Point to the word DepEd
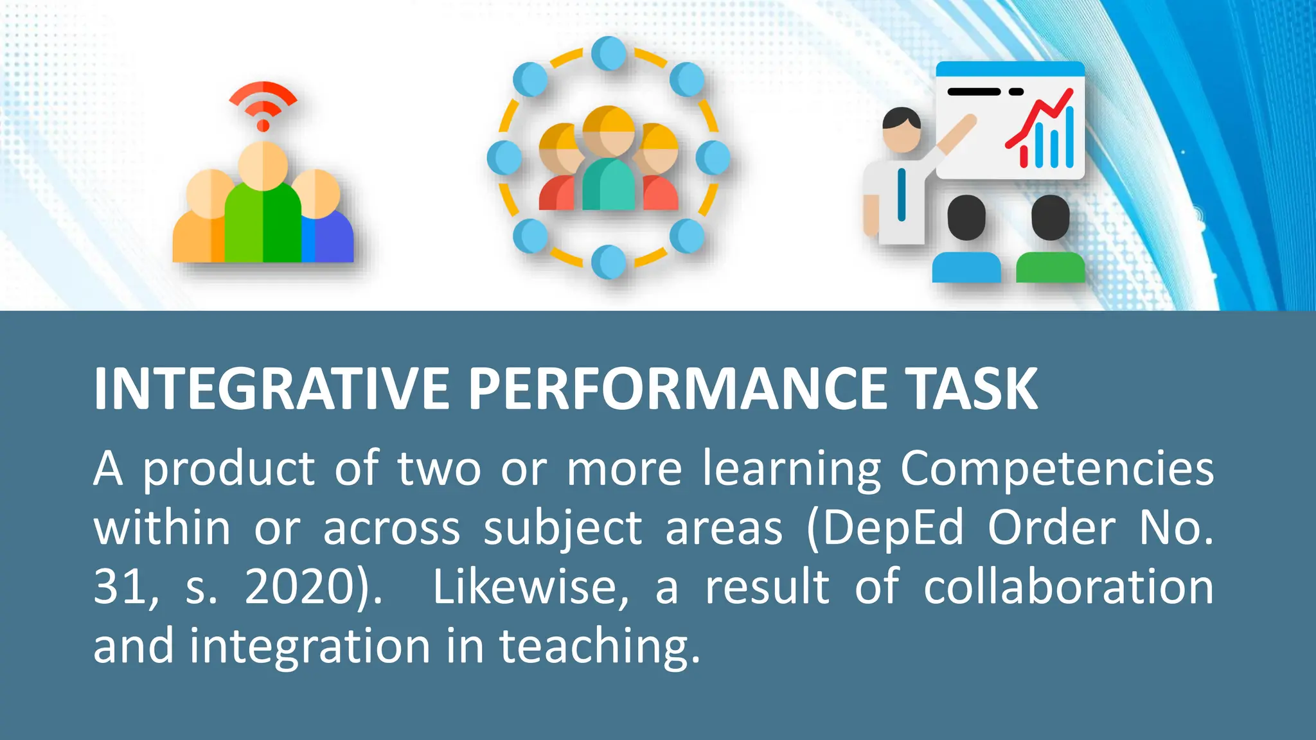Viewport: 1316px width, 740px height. (x=885, y=529)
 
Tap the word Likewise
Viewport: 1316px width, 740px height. (x=530, y=587)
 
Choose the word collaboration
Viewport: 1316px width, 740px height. (x=1068, y=587)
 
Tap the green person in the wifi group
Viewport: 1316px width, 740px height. (x=263, y=218)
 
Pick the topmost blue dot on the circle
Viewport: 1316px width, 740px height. (x=609, y=53)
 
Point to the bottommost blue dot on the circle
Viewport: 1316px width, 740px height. (x=609, y=261)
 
